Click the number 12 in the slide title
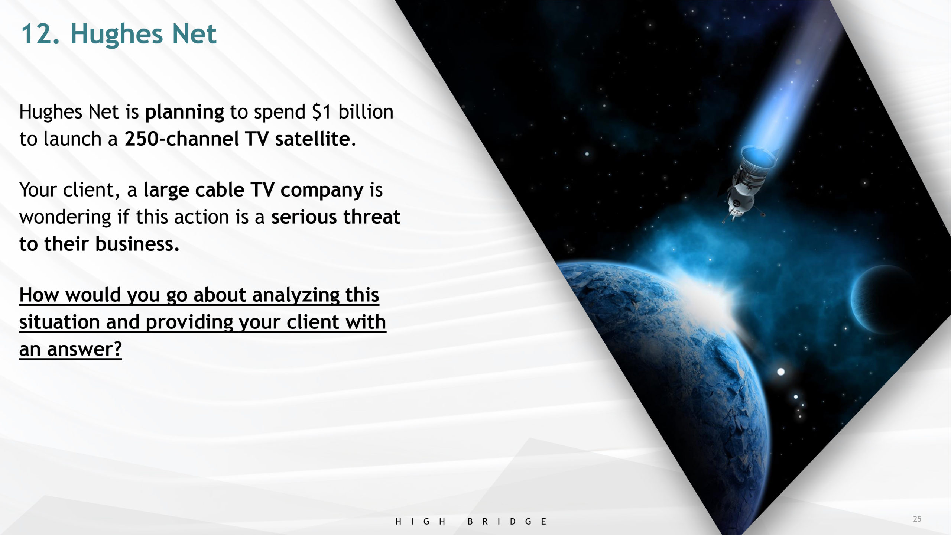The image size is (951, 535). tap(40, 34)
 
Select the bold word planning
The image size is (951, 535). tap(184, 113)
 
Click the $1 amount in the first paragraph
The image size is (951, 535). tap(321, 112)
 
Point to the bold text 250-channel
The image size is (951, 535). tap(182, 139)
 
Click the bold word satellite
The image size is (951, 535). tap(312, 139)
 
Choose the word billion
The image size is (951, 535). tap(366, 112)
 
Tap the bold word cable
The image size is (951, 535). tap(220, 190)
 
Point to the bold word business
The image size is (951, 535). tap(137, 244)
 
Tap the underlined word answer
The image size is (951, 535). tap(84, 349)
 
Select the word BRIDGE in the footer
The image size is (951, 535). tap(507, 521)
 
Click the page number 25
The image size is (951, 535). tap(917, 519)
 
